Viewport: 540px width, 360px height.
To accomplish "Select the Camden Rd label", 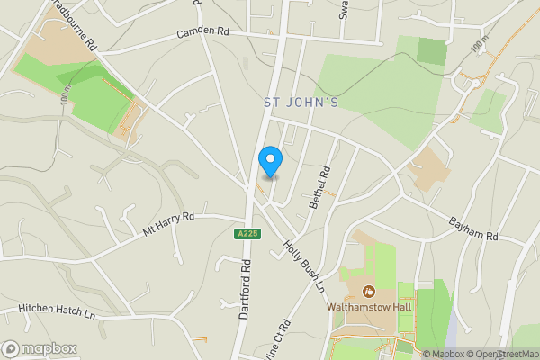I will click(x=203, y=32).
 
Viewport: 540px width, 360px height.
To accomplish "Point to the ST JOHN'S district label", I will click(x=301, y=103).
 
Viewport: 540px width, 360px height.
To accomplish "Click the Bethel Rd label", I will click(x=319, y=188).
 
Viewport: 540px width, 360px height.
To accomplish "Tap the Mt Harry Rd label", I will click(x=168, y=224).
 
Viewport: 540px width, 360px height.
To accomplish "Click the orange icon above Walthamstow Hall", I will click(x=368, y=291).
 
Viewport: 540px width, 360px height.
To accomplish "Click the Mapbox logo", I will click(x=40, y=348).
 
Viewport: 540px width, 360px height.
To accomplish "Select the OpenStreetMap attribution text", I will click(x=505, y=354).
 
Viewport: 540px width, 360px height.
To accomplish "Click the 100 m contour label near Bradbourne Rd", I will click(x=66, y=98).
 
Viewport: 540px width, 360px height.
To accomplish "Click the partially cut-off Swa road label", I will click(x=343, y=9).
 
